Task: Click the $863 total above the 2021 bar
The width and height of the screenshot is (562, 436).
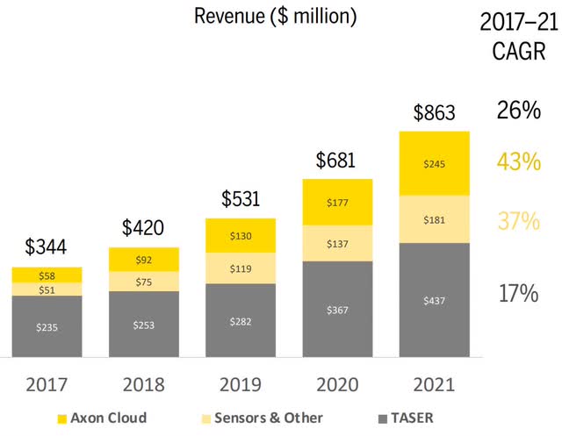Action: tap(434, 114)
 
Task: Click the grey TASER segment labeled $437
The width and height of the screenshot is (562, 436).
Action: tap(434, 300)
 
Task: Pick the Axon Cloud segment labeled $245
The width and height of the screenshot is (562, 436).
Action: tap(434, 163)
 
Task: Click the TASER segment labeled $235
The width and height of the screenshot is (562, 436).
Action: tap(47, 326)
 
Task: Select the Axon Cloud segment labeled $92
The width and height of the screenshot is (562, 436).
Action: tap(143, 259)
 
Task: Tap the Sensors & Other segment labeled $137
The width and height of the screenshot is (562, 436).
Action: tap(337, 242)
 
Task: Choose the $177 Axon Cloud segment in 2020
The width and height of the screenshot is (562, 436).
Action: tap(337, 203)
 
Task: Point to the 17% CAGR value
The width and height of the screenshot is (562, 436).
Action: tap(518, 292)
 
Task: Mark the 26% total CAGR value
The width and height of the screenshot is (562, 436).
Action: tap(518, 111)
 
